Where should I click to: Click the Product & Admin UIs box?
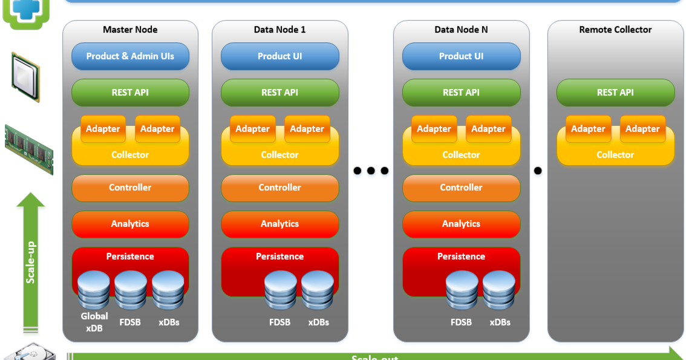[130, 56]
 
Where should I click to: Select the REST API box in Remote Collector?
[615, 93]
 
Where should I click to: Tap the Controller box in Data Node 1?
[279, 188]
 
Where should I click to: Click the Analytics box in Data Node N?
[461, 224]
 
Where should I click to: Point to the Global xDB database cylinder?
[94, 290]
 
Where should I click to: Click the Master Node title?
[130, 30]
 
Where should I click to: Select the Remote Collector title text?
[615, 30]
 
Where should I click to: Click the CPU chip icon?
[25, 77]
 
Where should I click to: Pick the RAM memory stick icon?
[28, 149]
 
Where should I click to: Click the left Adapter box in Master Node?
[103, 129]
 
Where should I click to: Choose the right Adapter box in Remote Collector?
[642, 129]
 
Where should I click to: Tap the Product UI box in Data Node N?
[461, 56]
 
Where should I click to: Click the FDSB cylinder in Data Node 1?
[280, 290]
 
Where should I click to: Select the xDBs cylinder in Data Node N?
[499, 290]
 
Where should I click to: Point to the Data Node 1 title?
[279, 30]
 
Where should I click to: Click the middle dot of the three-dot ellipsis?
[371, 171]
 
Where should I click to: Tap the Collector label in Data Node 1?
[279, 155]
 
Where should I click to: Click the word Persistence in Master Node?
[130, 257]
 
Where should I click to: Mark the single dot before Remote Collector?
[538, 171]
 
